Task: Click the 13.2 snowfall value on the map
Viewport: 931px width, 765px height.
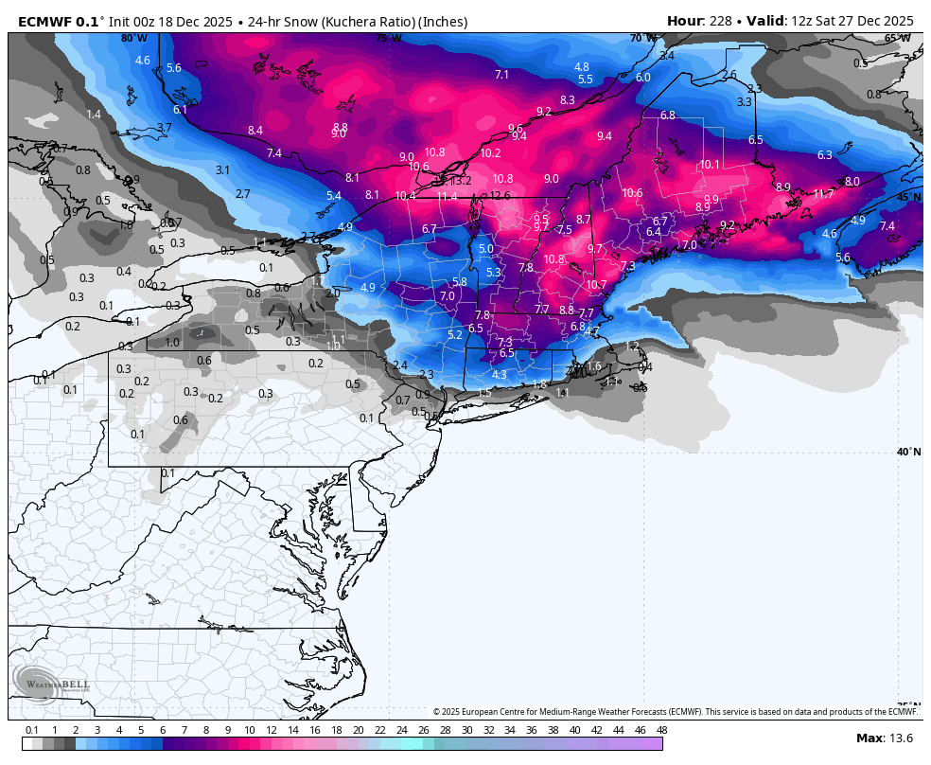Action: [x=461, y=181]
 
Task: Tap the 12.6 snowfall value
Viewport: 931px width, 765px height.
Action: [x=500, y=196]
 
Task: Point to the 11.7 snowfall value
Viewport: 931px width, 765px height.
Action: [x=823, y=194]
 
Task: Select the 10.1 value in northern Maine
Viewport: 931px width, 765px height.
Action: [x=710, y=164]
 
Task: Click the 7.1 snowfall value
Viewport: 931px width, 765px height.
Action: [x=501, y=75]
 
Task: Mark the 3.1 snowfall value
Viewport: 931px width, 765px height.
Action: [x=223, y=170]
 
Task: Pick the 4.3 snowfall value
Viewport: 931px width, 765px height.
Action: [x=500, y=374]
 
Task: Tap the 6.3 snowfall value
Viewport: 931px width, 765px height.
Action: [x=824, y=155]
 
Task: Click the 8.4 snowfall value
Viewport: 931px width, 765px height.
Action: [x=255, y=131]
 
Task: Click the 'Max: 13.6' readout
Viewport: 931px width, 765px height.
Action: [x=884, y=738]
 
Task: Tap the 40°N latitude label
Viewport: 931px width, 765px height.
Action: [x=908, y=452]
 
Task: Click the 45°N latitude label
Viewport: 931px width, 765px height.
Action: [x=908, y=197]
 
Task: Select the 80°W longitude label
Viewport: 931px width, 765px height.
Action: [x=133, y=38]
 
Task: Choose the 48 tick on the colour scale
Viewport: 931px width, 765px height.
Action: [x=661, y=730]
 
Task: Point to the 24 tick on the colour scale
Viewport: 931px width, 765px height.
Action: [x=401, y=730]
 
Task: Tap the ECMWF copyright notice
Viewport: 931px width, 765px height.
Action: [x=675, y=712]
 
